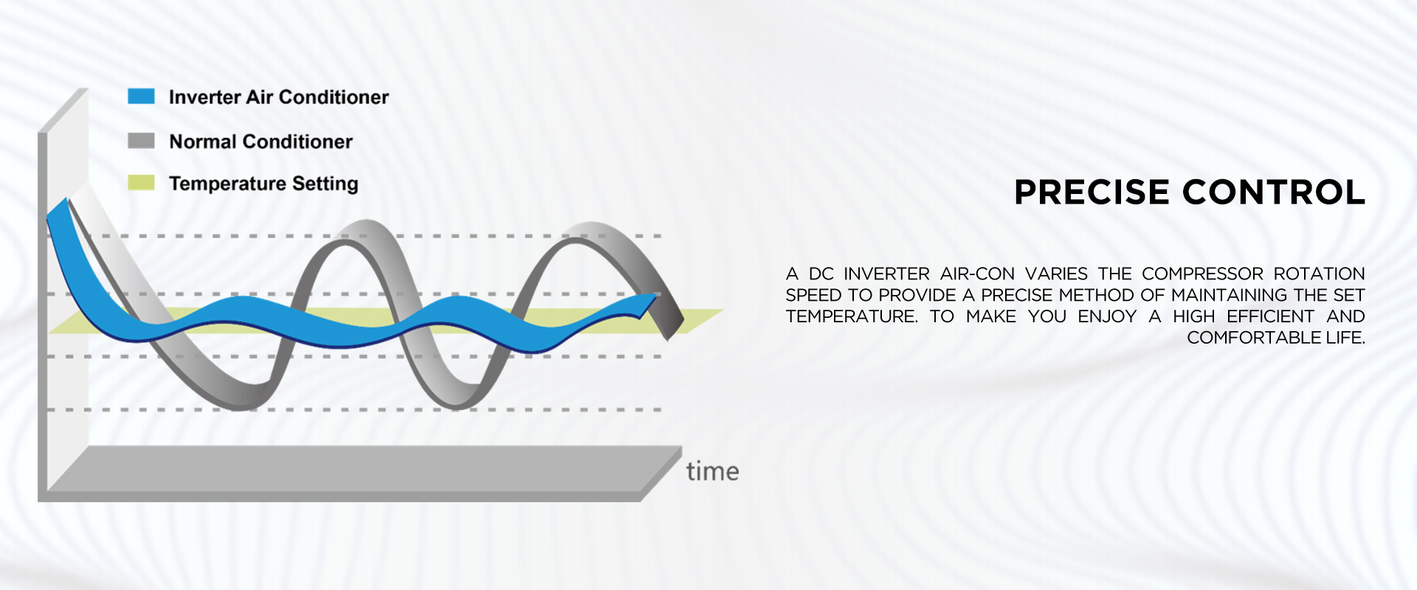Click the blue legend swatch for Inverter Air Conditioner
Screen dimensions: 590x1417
[x=141, y=97]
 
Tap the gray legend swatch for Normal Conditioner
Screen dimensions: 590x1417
[x=141, y=141]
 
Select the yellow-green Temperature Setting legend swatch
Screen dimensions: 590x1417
[x=141, y=183]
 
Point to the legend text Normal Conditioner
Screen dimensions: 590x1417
[x=261, y=142]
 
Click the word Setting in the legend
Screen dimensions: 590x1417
[x=325, y=184]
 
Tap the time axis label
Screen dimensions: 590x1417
[x=712, y=471]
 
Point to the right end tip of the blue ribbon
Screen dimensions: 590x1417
[x=655, y=296]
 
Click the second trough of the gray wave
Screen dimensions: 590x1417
[x=458, y=398]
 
